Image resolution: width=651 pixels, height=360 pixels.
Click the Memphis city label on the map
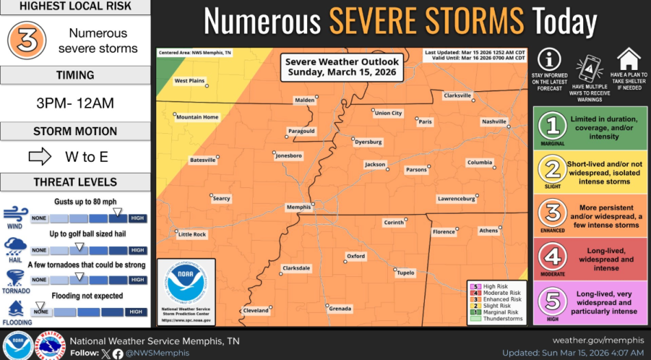[298, 206]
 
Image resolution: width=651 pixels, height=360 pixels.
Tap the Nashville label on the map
[493, 121]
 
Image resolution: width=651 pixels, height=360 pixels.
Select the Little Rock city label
[192, 235]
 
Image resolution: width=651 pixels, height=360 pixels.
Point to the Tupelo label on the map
[406, 273]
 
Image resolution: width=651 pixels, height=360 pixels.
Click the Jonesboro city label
[288, 156]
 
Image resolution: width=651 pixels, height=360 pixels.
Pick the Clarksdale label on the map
[296, 268]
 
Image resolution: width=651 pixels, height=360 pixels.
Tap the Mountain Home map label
[197, 117]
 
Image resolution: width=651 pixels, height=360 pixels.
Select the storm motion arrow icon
[40, 157]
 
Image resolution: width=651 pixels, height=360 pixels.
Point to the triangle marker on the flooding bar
[40, 305]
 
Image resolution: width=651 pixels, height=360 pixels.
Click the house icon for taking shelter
[628, 59]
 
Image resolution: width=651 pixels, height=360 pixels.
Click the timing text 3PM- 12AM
[75, 104]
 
